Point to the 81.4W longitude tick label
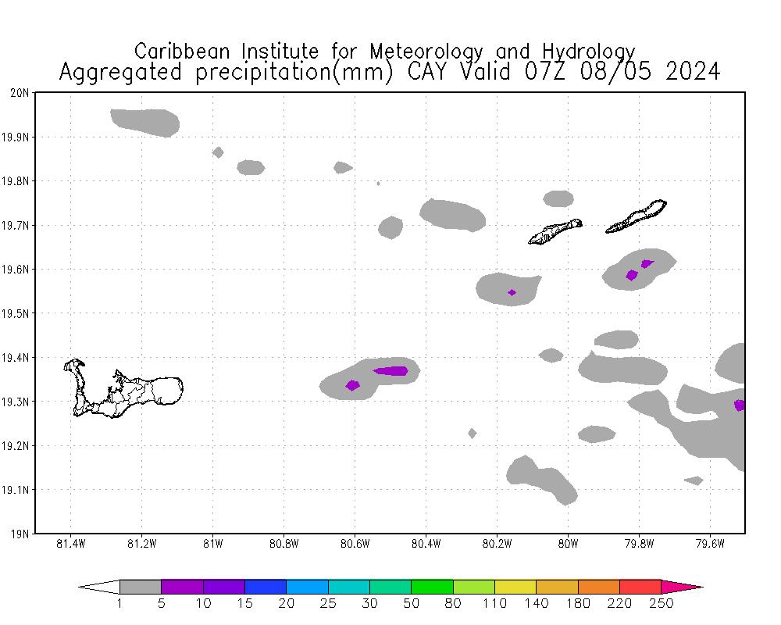pos(71,544)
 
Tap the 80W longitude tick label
pos(568,544)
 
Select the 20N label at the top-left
pos(20,93)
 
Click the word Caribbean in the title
pos(184,52)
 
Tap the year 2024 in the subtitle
pos(693,72)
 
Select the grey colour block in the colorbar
pos(141,587)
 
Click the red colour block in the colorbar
pos(640,587)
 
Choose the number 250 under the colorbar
pos(662,603)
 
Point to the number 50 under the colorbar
pos(412,603)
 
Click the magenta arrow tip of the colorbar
pos(683,587)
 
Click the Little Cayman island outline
pos(555,231)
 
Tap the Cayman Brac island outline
pos(637,217)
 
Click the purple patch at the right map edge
pos(739,405)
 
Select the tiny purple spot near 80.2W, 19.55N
pos(512,292)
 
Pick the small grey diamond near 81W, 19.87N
pos(218,152)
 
